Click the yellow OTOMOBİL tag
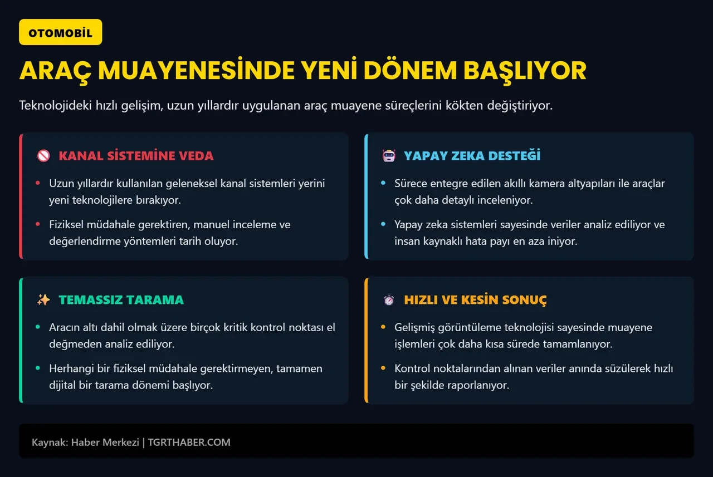click(60, 32)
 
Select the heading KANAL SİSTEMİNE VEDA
click(136, 156)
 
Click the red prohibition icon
click(43, 156)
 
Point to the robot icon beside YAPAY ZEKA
click(389, 156)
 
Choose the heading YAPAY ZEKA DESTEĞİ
click(472, 156)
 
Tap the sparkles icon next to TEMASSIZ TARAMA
click(43, 300)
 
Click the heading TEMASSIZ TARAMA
click(121, 300)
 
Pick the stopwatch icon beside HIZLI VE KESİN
click(389, 300)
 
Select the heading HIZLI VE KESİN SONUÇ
click(475, 300)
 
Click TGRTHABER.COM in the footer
click(189, 442)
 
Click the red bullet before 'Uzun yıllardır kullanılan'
click(38, 183)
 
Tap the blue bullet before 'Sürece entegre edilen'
click(383, 183)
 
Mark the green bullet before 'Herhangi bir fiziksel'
click(38, 368)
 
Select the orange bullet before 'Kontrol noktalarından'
click(383, 368)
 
